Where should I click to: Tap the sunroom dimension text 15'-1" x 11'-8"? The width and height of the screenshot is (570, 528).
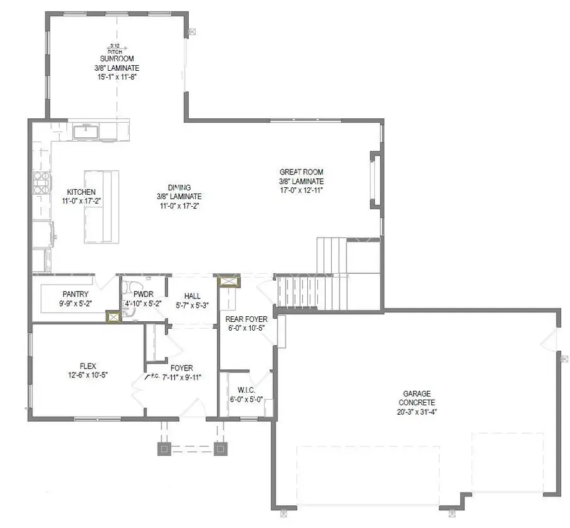tap(115, 76)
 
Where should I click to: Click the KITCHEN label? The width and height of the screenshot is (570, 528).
tap(81, 192)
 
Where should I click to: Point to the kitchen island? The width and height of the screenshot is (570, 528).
tap(101, 206)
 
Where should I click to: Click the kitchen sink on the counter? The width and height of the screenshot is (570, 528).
tap(85, 132)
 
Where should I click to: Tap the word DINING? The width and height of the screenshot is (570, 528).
tap(179, 188)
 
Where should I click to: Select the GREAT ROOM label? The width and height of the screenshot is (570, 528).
tap(301, 172)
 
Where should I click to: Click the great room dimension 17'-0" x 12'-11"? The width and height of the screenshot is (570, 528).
tap(301, 190)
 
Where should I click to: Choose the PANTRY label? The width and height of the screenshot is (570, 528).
tap(75, 294)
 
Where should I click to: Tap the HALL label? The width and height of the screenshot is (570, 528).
tap(193, 295)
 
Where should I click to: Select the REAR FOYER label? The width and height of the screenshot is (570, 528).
tap(247, 319)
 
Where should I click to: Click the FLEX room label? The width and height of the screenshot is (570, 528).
tap(88, 365)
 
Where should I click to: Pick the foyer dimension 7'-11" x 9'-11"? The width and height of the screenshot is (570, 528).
tap(181, 378)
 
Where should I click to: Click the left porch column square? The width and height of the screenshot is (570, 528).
tap(164, 449)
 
